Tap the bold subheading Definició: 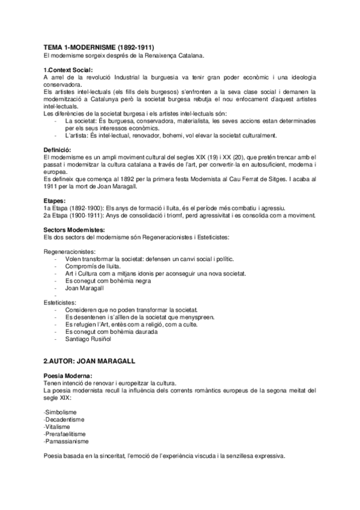coord(58,149)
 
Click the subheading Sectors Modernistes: coord(74,230)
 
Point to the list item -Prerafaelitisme coord(65,434)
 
